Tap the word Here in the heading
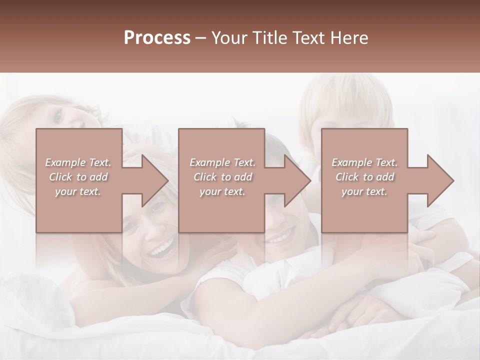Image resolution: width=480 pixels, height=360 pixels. click(x=349, y=38)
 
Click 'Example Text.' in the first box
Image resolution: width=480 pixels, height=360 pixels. click(x=78, y=162)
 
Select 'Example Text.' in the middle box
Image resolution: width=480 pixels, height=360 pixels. click(x=222, y=162)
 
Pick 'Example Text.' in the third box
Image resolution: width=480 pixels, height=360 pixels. click(x=364, y=162)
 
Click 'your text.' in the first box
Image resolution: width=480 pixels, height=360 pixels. click(x=78, y=191)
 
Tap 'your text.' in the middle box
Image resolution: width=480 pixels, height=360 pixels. click(x=222, y=191)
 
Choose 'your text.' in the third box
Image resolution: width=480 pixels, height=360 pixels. click(x=364, y=191)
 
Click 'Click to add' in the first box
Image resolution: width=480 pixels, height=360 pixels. click(x=78, y=177)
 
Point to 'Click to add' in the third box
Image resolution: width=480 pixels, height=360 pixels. click(x=364, y=177)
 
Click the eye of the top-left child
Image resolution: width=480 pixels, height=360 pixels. click(x=58, y=117)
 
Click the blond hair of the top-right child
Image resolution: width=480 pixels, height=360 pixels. click(x=345, y=97)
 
